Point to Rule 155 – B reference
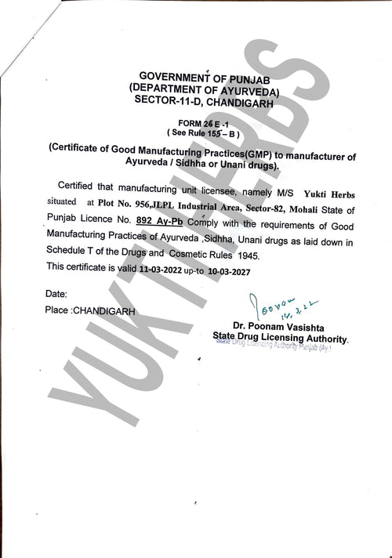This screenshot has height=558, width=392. [x=207, y=133]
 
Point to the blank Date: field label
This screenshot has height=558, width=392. [x=56, y=293]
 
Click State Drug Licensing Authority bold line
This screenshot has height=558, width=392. [x=281, y=337]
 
